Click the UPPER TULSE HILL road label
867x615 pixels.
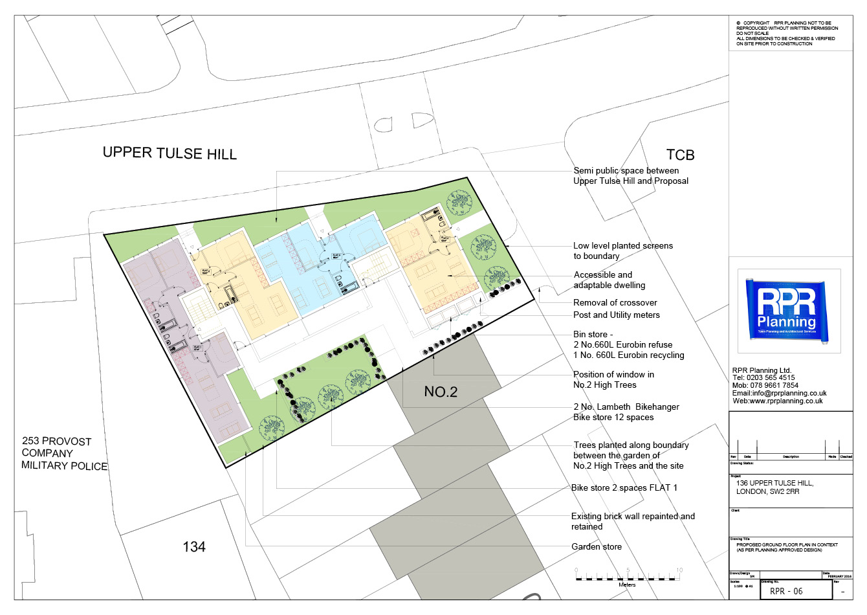pos(170,153)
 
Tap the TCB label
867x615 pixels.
pos(680,155)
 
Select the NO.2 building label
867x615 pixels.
pos(441,392)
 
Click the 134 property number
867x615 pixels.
pos(194,547)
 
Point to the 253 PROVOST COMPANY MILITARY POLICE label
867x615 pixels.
pos(64,453)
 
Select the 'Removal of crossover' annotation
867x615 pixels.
pos(615,302)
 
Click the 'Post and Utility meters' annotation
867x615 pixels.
pos(616,315)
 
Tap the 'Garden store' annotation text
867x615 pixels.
pos(596,547)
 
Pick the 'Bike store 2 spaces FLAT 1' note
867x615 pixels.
pos(624,487)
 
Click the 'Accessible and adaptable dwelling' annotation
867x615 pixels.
pos(609,280)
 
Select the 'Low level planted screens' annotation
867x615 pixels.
pos(622,251)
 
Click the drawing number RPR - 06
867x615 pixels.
pos(786,591)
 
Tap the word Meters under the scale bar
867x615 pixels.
pos(627,585)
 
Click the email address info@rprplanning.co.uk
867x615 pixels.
pos(779,393)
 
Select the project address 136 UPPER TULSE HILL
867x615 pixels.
pos(774,484)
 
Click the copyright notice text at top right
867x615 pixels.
pos(786,33)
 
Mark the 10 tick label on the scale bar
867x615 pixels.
pos(679,570)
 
